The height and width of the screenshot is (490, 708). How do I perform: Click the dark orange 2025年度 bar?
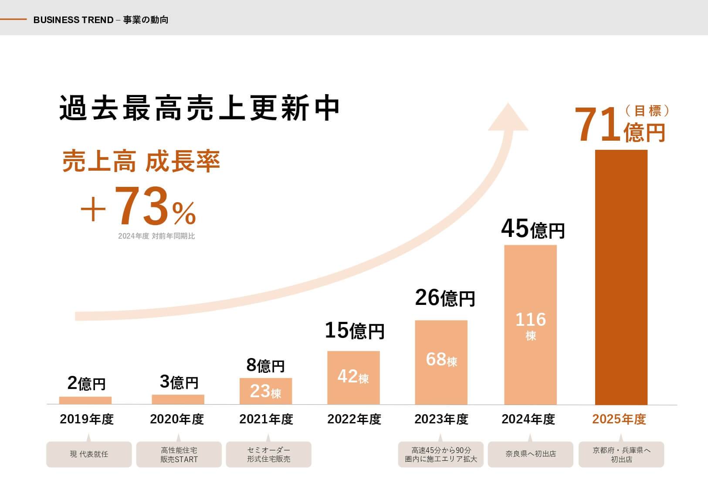[621, 277]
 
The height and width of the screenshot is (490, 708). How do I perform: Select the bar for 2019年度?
[85, 401]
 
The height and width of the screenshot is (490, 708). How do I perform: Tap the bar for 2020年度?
[178, 399]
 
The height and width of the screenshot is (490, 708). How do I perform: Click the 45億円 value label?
[532, 229]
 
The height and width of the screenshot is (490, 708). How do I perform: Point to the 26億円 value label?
[444, 298]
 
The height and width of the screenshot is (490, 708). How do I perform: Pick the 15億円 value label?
[355, 331]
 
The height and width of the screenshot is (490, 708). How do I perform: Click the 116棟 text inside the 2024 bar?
[530, 325]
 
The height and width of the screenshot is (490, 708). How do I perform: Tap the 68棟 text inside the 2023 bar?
[441, 360]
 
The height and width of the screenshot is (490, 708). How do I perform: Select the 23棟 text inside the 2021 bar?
[265, 392]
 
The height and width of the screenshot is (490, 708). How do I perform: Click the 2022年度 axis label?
[354, 419]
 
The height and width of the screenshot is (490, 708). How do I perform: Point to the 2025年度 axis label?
[619, 419]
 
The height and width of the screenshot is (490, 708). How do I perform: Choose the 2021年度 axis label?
[266, 419]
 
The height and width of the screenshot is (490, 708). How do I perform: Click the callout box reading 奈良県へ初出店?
[530, 454]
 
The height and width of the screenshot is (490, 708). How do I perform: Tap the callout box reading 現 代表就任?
[89, 454]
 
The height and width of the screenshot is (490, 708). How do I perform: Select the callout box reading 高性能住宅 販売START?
[179, 454]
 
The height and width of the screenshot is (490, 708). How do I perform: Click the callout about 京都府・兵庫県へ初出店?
[621, 454]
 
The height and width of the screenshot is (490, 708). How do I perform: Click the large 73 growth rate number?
[142, 206]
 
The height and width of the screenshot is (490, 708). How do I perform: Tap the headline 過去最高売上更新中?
[199, 108]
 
